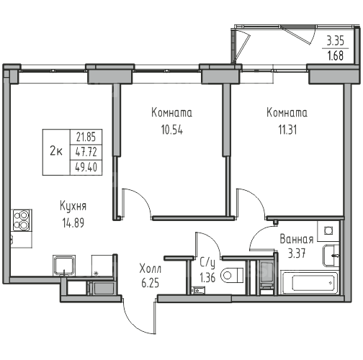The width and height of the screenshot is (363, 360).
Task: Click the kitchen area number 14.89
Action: pos(73,223)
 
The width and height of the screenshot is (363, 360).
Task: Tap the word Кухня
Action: pos(73,207)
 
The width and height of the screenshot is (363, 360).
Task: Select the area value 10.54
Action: pos(172,130)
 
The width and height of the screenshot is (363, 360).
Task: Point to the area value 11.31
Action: pos(287,130)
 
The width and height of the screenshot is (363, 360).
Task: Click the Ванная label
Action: pos(297,239)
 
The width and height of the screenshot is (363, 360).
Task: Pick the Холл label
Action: pos(151,269)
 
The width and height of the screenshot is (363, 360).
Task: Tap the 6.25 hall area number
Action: pos(151,283)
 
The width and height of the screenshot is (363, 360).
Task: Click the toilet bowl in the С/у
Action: pos(232,275)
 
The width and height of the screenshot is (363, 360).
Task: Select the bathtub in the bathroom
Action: pos(310,282)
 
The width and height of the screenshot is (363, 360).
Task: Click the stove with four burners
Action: pos(22,220)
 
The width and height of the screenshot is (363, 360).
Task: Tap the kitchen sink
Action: pos(64,266)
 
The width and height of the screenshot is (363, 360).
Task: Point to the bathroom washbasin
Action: pos(331,256)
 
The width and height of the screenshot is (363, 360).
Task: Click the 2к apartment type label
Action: pos(56,152)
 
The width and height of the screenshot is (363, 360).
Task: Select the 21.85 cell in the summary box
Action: pos(86,138)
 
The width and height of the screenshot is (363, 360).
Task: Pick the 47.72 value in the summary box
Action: pos(86,152)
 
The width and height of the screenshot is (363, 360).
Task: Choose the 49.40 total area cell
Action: pos(86,167)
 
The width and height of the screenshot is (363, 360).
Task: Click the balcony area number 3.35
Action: pos(336,41)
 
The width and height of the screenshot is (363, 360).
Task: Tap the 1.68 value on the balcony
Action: pos(336,55)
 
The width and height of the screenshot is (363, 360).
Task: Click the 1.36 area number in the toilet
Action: pos(207,278)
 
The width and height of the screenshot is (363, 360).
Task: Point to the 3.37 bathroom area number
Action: pos(297,253)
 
